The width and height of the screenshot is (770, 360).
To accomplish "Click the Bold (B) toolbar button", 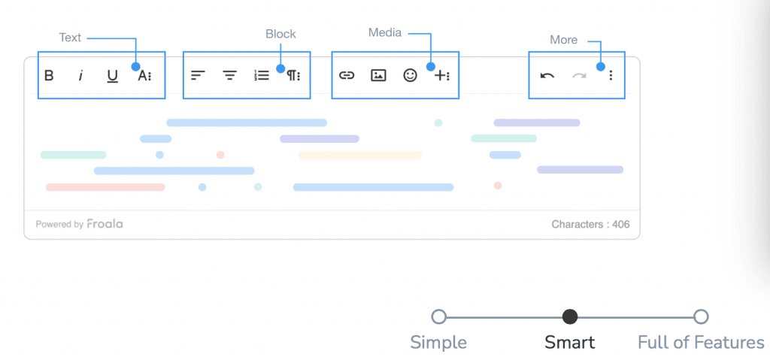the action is [49, 76].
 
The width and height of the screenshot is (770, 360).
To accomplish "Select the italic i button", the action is [81, 76].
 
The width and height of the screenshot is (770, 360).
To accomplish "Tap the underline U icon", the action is [113, 76].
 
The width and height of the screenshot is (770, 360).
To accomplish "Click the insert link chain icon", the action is [347, 76].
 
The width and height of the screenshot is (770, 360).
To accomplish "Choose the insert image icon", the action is [378, 76].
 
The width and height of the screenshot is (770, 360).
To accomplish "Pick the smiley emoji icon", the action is [410, 75].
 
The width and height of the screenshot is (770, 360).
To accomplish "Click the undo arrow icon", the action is [547, 76].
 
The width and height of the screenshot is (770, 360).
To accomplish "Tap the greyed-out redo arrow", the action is [580, 76].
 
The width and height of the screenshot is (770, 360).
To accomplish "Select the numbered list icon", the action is [262, 75].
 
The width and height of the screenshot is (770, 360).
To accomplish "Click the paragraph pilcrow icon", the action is [294, 76].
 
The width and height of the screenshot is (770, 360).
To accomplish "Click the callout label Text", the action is [70, 38].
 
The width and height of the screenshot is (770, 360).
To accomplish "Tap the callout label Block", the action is [281, 34].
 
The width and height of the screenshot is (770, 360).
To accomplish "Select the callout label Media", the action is [385, 32].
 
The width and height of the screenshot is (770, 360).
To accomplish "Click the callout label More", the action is [564, 40].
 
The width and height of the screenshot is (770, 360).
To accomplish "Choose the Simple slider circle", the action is [438, 316].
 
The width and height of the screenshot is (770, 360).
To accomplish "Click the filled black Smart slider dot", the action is [570, 316].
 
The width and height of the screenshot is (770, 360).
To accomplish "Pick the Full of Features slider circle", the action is [701, 316].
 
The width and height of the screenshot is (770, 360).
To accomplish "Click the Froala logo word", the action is [105, 224].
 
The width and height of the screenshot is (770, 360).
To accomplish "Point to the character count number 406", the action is [620, 225].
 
